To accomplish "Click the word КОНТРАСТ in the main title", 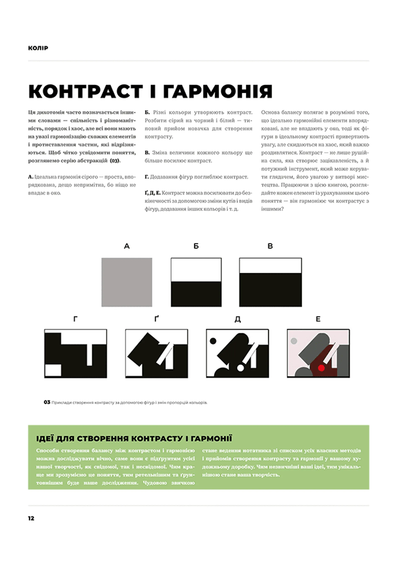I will point(86,92).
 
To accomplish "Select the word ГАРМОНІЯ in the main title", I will point(218,92).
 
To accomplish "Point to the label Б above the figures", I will point(196,246).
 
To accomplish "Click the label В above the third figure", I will point(270,246).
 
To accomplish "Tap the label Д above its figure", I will point(238,319).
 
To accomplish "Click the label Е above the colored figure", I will point(318,319).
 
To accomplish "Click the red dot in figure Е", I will point(321,368).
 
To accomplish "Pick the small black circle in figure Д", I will point(213,341).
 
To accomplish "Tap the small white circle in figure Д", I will point(240,368).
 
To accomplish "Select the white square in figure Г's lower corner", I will point(53,370).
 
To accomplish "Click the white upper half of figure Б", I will point(196,270).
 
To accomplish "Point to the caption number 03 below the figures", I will point(47,402).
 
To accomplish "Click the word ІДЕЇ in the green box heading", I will point(44,439).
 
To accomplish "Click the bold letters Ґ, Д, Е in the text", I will point(152,193).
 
